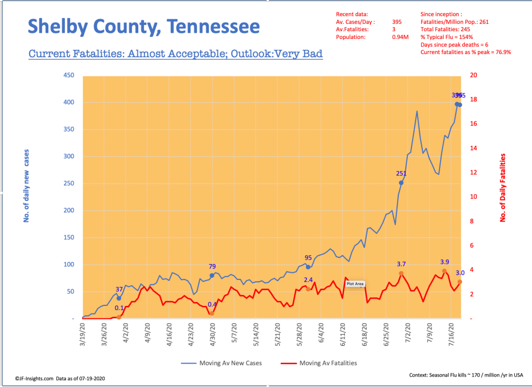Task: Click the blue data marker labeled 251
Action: (401, 183)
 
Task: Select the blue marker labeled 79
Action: (212, 275)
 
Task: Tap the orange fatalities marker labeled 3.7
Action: (401, 274)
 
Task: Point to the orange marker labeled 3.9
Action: (444, 271)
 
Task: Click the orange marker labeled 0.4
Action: (212, 314)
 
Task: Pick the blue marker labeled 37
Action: (119, 298)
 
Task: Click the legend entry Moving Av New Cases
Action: (220, 363)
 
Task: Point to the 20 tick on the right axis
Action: (474, 75)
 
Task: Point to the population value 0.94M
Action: (400, 37)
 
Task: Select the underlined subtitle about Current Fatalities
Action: (175, 54)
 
